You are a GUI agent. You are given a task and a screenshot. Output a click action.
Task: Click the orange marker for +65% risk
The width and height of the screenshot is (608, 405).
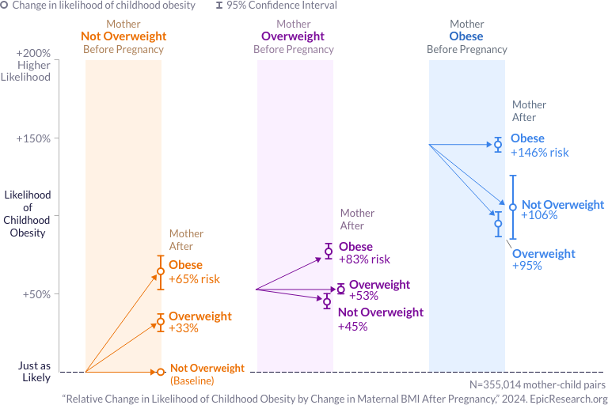tap(161, 271)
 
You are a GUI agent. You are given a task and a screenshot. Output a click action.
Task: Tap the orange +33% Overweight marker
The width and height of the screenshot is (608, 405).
tap(161, 321)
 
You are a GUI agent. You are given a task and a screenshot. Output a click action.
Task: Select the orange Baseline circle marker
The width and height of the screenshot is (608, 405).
tap(161, 371)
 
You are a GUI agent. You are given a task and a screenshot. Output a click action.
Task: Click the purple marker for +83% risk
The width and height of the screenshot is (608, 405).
tap(329, 252)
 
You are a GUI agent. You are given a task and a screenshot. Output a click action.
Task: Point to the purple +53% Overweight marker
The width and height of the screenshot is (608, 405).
tap(341, 290)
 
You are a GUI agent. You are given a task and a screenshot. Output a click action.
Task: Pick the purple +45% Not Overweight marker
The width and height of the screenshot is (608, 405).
tap(326, 301)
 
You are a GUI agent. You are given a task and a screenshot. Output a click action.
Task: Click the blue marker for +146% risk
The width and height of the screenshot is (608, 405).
tap(498, 144)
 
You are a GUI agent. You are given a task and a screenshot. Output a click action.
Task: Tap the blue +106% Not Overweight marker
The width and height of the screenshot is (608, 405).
tap(513, 207)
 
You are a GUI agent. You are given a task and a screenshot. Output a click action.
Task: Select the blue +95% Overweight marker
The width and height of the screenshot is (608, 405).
tap(498, 224)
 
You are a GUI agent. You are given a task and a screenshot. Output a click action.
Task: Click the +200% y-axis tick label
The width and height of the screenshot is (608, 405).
tap(33, 52)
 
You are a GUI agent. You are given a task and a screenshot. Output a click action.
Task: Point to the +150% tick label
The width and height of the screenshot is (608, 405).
tap(33, 138)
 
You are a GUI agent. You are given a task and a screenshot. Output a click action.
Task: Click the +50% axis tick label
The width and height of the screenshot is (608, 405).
tap(35, 294)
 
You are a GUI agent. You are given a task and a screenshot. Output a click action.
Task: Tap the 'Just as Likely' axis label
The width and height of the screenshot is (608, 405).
tap(35, 372)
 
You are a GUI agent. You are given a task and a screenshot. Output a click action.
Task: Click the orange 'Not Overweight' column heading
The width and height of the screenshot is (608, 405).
tap(123, 36)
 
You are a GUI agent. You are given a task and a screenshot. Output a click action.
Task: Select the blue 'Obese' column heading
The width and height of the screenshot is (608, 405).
tap(466, 36)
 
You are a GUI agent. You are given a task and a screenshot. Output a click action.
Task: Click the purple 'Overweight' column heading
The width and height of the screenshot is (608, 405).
tap(293, 36)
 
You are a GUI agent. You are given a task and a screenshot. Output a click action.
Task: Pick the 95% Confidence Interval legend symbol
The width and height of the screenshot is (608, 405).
tap(218, 6)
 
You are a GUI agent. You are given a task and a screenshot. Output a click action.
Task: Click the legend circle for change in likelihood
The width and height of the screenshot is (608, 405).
tap(5, 6)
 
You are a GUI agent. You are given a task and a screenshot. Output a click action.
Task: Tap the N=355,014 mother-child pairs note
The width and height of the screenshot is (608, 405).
tap(538, 384)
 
